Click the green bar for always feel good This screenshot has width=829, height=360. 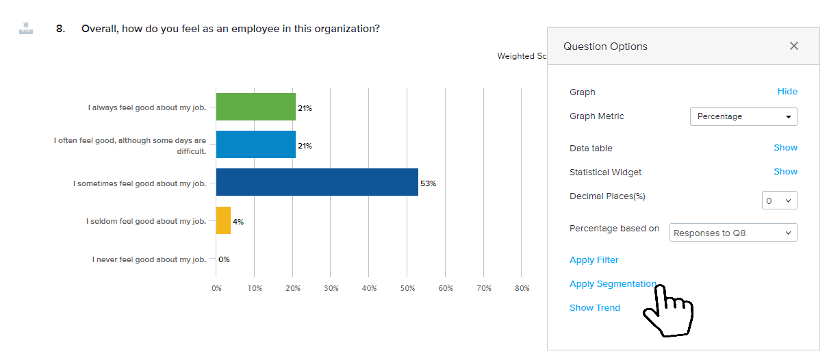(255, 107)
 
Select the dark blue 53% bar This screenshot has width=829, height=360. (316, 182)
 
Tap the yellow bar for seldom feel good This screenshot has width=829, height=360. (223, 220)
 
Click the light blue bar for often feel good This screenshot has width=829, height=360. (255, 144)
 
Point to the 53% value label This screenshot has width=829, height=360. (428, 183)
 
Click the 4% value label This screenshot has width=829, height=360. (238, 222)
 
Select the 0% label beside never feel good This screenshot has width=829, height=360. (224, 259)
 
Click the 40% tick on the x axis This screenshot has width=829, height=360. (369, 288)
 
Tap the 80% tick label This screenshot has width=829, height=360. (522, 288)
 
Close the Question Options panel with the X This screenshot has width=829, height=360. (794, 46)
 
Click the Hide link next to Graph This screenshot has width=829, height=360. (787, 92)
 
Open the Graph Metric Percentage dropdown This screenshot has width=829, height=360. (743, 116)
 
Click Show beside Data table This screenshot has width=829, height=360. (785, 148)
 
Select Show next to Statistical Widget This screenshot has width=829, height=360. (785, 172)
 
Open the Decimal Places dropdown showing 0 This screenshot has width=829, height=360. (779, 201)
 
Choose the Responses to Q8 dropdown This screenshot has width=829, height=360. (732, 233)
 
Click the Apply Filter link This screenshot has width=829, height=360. (594, 260)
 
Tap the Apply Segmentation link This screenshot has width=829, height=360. (613, 284)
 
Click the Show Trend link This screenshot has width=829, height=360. (594, 308)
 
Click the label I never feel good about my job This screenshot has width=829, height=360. (149, 259)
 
